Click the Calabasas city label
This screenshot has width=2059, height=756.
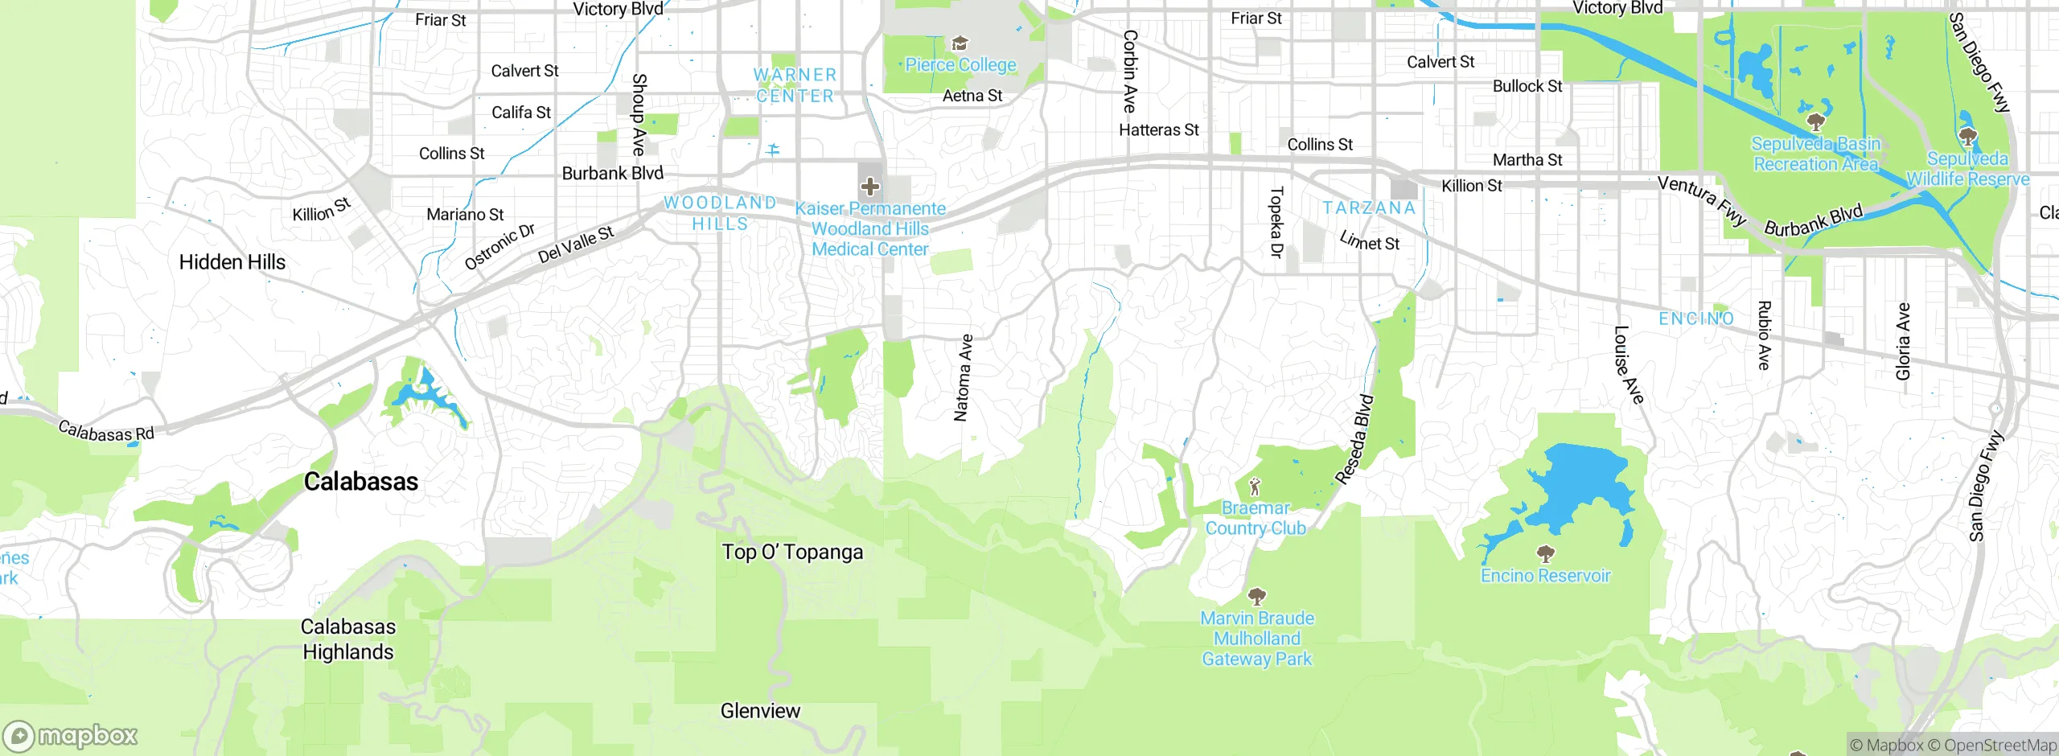(x=361, y=482)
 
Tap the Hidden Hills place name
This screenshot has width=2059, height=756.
(x=232, y=262)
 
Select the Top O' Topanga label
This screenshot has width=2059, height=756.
(x=792, y=553)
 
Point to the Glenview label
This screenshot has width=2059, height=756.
(x=760, y=711)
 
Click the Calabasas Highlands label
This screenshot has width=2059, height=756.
(x=348, y=639)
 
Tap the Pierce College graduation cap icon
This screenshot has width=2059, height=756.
(x=960, y=43)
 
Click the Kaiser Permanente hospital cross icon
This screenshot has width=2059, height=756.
(x=869, y=187)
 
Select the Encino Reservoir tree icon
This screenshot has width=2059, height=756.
(x=1545, y=553)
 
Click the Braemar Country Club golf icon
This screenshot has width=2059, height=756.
(x=1255, y=487)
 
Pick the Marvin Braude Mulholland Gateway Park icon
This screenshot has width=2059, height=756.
(x=1256, y=596)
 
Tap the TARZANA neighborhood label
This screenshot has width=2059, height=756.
(x=1368, y=208)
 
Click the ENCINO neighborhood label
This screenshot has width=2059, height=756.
(x=1695, y=318)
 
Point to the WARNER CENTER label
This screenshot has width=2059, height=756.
(x=795, y=85)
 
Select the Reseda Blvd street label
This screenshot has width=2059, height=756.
(x=1355, y=439)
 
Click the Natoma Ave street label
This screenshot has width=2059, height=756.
(x=963, y=378)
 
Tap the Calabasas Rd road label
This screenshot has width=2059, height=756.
(x=106, y=432)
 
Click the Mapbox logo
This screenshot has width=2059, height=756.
(x=70, y=735)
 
